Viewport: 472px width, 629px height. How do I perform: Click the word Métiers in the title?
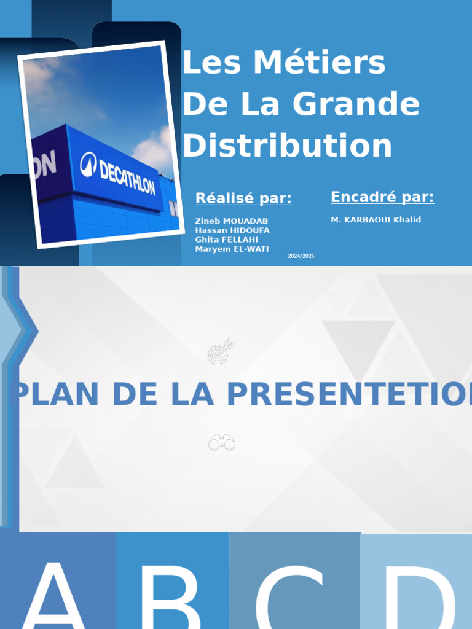319,63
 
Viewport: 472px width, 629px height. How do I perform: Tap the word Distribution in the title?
287,146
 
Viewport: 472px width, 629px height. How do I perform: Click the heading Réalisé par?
243,198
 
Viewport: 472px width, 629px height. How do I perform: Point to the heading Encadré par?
382,197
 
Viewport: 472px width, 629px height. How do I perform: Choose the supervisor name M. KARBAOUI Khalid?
376,220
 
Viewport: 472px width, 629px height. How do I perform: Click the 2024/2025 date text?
301,256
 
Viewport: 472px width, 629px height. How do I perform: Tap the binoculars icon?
222,442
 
